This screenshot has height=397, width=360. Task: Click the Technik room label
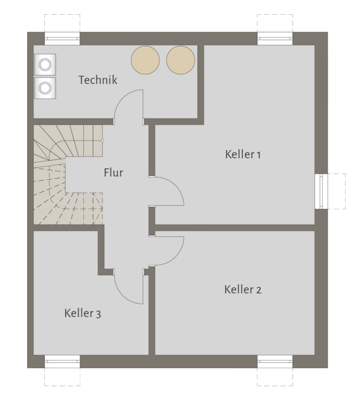pos(98,80)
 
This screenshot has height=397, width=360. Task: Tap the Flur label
pos(113,172)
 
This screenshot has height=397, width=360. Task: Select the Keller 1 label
pos(243,154)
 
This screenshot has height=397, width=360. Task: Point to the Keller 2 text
pos(243,290)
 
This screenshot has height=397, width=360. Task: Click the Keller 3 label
pos(83,312)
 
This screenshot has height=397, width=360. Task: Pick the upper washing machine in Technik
pos(44,65)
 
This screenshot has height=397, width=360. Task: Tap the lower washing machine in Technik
pos(44,87)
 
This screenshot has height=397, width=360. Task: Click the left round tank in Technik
pos(146,59)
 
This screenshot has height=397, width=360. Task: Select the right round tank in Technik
pos(181,59)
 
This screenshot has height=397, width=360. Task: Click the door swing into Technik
pos(129,108)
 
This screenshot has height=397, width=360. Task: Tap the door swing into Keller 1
pos(168,191)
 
